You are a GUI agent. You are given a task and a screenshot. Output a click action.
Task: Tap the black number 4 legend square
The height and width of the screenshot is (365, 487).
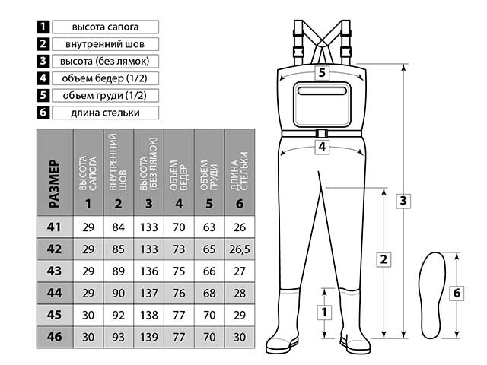(43, 78)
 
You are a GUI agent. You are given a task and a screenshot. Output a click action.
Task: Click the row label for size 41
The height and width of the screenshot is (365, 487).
(54, 227)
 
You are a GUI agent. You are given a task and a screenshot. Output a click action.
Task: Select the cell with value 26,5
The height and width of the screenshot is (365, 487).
(240, 249)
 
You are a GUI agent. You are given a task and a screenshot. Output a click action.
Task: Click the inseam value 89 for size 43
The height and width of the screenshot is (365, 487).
(118, 270)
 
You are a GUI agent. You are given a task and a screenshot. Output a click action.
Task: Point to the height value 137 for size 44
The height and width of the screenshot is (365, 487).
(149, 292)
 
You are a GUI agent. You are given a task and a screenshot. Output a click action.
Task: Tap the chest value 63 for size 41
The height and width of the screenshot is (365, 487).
(209, 227)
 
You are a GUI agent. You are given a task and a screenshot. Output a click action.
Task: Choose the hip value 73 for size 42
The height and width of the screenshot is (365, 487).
(179, 249)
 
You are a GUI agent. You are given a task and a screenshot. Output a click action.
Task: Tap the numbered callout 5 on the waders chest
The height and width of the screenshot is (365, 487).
(322, 74)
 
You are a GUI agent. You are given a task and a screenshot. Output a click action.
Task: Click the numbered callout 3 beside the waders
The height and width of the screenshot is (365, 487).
(405, 201)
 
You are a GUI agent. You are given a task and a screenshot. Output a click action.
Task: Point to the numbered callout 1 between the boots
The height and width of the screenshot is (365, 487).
(325, 312)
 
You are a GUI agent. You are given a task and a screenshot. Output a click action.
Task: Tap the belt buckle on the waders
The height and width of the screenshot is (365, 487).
(322, 134)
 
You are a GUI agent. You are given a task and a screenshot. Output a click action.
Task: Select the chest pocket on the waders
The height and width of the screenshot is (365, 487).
(322, 103)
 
